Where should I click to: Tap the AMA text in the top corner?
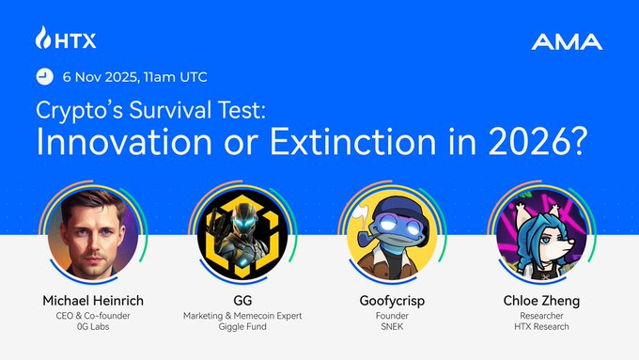[567, 42]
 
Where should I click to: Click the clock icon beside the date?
[43, 76]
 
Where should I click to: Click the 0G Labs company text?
[92, 331]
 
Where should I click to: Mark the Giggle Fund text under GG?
[242, 331]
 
